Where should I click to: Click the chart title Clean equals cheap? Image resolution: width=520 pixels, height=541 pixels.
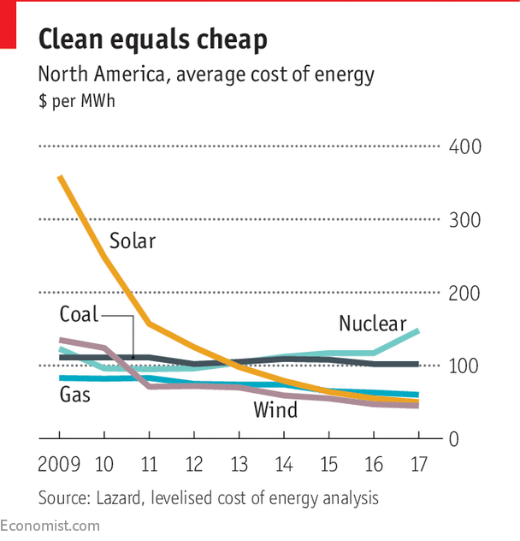pos(153,39)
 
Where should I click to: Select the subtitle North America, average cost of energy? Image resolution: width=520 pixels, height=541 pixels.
pos(205,74)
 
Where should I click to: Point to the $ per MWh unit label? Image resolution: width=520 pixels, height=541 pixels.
pos(76,102)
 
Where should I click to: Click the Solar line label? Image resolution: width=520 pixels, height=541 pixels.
pos(133,241)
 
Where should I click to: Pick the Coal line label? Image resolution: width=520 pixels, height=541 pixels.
pos(79,314)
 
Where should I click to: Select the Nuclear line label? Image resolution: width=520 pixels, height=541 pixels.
pos(372,324)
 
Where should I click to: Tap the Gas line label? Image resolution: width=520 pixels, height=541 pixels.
pos(74,395)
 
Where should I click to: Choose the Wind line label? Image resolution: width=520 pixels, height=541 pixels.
pos(275,410)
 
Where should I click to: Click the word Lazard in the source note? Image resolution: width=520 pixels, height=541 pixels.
pos(120,497)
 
